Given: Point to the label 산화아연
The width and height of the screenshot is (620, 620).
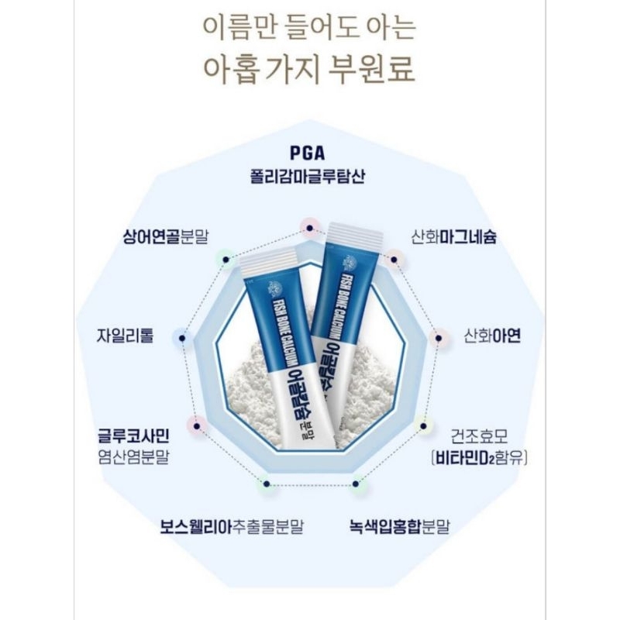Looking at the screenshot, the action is pyautogui.click(x=492, y=336).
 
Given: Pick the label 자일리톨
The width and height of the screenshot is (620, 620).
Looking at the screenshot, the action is pyautogui.click(x=126, y=336).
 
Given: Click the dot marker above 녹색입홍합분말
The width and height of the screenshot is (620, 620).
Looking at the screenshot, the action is pyautogui.click(x=356, y=486).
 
